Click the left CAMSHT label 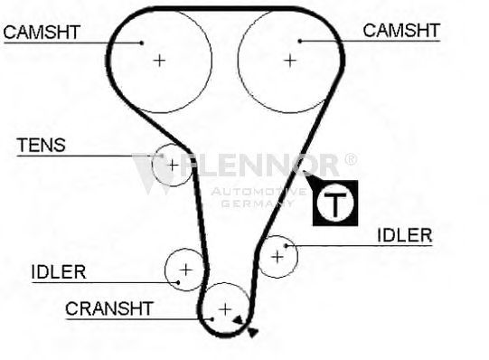[x=42, y=33]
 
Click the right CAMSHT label [x=401, y=31]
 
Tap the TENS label [x=42, y=145]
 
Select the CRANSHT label [x=109, y=308]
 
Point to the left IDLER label [x=59, y=272]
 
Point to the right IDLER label [x=405, y=235]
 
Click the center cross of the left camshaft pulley [x=159, y=61]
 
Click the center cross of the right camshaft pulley [x=290, y=61]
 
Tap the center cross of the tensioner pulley [x=173, y=165]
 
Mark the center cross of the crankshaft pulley [x=225, y=309]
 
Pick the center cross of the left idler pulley [x=186, y=270]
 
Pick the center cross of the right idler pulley [x=277, y=257]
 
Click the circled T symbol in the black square [x=335, y=204]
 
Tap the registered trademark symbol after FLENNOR [x=351, y=159]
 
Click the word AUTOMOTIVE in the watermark [x=259, y=192]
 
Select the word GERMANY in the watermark [x=258, y=204]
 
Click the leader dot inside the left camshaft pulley [x=142, y=43]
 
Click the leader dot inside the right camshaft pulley [x=300, y=42]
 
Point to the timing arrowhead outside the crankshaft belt [x=252, y=333]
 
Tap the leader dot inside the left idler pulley [x=178, y=282]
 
